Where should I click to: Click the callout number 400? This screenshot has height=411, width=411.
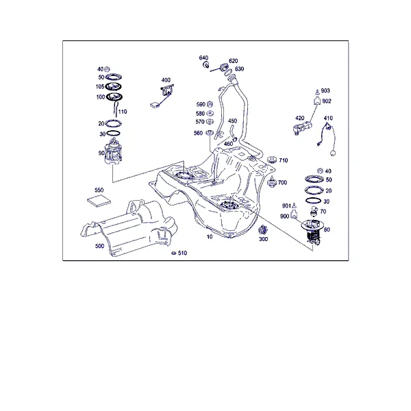(x=166, y=80)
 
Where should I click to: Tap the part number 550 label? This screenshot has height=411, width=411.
(x=99, y=190)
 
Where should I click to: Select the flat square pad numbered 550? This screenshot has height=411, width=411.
(x=99, y=201)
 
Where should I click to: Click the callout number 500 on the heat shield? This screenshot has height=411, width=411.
(x=99, y=246)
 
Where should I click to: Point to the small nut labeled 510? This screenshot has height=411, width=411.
(x=173, y=253)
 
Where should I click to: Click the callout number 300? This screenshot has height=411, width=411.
(x=263, y=239)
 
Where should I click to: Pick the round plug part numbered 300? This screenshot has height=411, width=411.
(x=262, y=230)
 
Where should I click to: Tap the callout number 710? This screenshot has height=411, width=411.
(x=283, y=160)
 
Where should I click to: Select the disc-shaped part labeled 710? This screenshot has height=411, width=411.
(x=272, y=160)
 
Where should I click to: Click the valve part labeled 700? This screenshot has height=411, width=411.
(x=272, y=182)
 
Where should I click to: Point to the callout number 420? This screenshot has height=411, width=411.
(x=299, y=119)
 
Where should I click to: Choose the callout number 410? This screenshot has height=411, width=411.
(x=328, y=119)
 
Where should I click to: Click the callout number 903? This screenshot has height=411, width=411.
(x=325, y=90)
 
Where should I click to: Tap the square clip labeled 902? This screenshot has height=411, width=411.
(x=317, y=101)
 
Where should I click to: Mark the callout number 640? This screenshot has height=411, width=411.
(x=203, y=58)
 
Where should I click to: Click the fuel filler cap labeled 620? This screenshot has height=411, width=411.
(x=223, y=66)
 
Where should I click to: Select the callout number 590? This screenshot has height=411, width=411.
(x=201, y=105)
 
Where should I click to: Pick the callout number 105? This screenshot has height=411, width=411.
(x=100, y=87)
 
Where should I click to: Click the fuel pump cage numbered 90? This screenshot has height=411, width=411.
(x=113, y=153)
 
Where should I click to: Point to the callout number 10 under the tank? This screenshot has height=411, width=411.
(x=210, y=237)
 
